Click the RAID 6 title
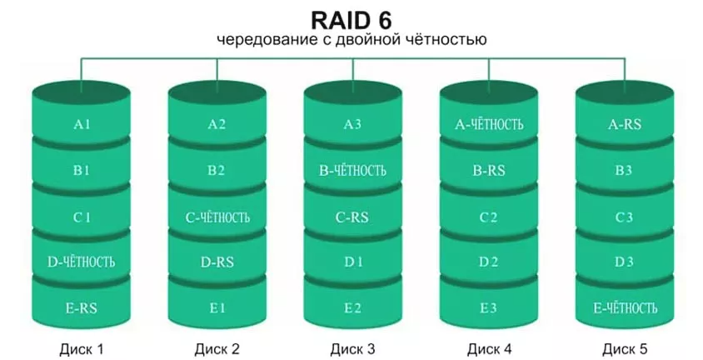click(x=351, y=18)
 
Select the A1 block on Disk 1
click(x=81, y=125)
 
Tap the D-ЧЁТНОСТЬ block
click(x=81, y=262)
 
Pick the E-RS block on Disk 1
click(x=81, y=308)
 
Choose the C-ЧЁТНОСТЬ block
click(x=217, y=217)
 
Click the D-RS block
click(x=217, y=262)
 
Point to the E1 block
click(x=217, y=308)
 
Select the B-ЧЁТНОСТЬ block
click(x=352, y=171)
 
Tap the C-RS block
click(x=352, y=217)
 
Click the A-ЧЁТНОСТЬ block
click(x=489, y=125)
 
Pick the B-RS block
click(x=489, y=171)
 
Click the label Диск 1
click(x=81, y=348)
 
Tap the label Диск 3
click(x=352, y=348)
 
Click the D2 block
click(x=489, y=262)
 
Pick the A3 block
click(x=352, y=125)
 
